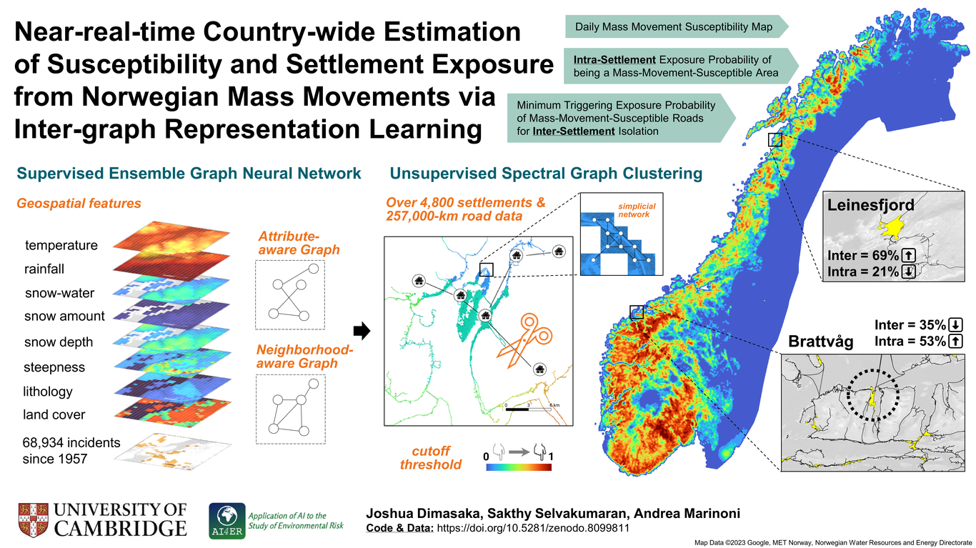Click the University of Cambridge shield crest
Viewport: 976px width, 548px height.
click(33, 520)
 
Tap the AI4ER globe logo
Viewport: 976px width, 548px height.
click(227, 521)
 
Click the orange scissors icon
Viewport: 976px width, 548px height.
click(524, 340)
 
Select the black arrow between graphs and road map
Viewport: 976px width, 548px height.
click(362, 331)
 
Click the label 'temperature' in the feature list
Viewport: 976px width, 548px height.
click(61, 245)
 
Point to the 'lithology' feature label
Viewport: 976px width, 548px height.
click(47, 392)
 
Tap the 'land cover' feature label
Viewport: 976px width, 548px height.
click(54, 414)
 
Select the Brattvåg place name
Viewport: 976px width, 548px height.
click(820, 342)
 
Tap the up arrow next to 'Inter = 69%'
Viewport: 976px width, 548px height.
click(908, 255)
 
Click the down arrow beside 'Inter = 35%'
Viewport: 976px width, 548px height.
click(955, 324)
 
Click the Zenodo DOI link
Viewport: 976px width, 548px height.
click(533, 529)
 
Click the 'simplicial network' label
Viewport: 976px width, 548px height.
click(636, 210)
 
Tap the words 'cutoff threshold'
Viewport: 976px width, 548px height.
click(431, 458)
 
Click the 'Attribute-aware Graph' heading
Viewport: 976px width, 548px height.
click(299, 243)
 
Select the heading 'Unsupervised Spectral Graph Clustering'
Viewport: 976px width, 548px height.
click(546, 174)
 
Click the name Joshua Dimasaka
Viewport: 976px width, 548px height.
click(424, 513)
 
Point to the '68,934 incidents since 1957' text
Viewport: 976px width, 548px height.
click(71, 450)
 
